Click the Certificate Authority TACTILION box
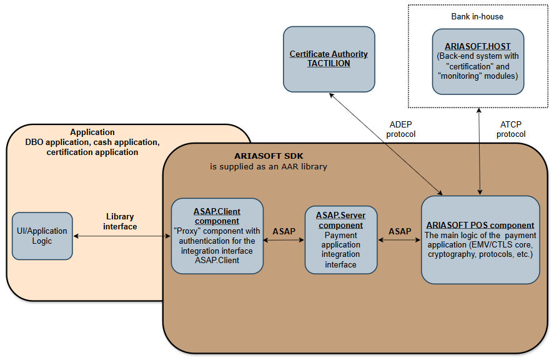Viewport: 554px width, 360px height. (x=329, y=59)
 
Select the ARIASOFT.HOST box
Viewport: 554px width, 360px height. (x=478, y=61)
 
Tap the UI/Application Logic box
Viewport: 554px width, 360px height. (x=42, y=236)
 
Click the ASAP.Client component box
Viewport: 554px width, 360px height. (x=217, y=236)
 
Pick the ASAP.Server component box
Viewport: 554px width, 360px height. (x=340, y=240)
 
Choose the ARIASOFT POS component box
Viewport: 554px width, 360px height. (x=480, y=240)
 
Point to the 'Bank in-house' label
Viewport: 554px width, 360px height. (x=477, y=16)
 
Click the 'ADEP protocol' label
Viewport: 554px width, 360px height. (x=400, y=129)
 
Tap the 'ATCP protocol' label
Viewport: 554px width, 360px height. (x=511, y=129)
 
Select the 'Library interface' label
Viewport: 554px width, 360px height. (x=120, y=222)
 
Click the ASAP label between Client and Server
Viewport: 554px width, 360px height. (x=284, y=231)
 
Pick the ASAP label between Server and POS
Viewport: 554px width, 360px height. (x=400, y=231)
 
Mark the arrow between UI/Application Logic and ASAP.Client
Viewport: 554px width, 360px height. (x=122, y=236)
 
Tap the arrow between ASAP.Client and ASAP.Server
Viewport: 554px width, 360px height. (x=284, y=240)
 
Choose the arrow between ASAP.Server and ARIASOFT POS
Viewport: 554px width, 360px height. (x=400, y=240)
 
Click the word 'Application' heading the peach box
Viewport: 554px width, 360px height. (x=92, y=132)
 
